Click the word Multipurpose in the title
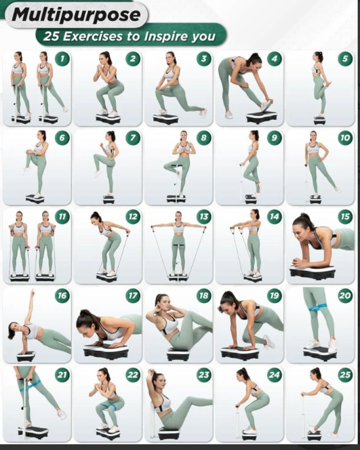[x=76, y=15]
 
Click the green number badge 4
[x=274, y=58]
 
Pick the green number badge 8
[x=203, y=138]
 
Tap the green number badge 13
[x=203, y=217]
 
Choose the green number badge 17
[x=133, y=296]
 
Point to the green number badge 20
[x=345, y=296]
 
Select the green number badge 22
[x=133, y=374]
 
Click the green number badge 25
[x=345, y=374]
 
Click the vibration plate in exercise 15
[x=312, y=272]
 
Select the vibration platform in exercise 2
[x=108, y=118]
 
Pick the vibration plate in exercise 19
[x=242, y=352]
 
